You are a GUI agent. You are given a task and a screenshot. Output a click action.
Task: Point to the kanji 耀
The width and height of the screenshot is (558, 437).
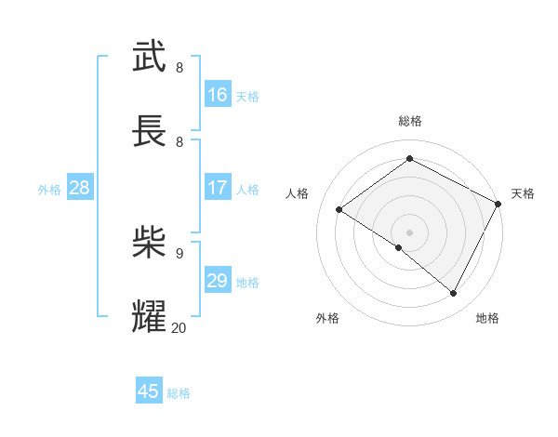point(150,316)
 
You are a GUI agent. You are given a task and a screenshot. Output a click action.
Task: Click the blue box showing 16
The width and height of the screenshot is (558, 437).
point(218,95)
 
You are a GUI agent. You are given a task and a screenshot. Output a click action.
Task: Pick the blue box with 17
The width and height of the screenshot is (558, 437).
point(218,188)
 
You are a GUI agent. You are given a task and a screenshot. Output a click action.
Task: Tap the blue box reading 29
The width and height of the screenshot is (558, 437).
point(218,281)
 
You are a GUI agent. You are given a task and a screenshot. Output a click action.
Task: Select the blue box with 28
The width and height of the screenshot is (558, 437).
point(80,188)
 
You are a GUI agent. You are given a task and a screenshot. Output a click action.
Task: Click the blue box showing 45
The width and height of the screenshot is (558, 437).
point(149,391)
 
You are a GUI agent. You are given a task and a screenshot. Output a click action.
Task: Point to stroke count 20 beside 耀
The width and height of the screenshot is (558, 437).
point(179,327)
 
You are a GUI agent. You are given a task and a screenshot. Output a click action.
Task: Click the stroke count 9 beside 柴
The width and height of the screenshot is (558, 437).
point(179,253)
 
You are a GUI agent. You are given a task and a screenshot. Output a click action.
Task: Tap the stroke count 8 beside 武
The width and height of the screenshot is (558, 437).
point(179,67)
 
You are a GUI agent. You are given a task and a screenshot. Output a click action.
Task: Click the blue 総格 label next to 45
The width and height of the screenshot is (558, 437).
point(179,393)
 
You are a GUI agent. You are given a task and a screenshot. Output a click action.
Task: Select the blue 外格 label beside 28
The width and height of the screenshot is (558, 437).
point(49,190)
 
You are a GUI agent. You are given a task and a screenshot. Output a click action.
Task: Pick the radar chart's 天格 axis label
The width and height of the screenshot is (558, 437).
point(523,193)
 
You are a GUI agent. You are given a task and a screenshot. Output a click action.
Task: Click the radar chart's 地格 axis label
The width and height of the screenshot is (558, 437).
point(487,318)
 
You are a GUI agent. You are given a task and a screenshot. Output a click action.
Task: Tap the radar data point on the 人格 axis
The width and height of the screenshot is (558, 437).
point(339,209)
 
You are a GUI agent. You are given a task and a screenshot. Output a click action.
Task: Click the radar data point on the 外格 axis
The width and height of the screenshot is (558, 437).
point(399,247)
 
